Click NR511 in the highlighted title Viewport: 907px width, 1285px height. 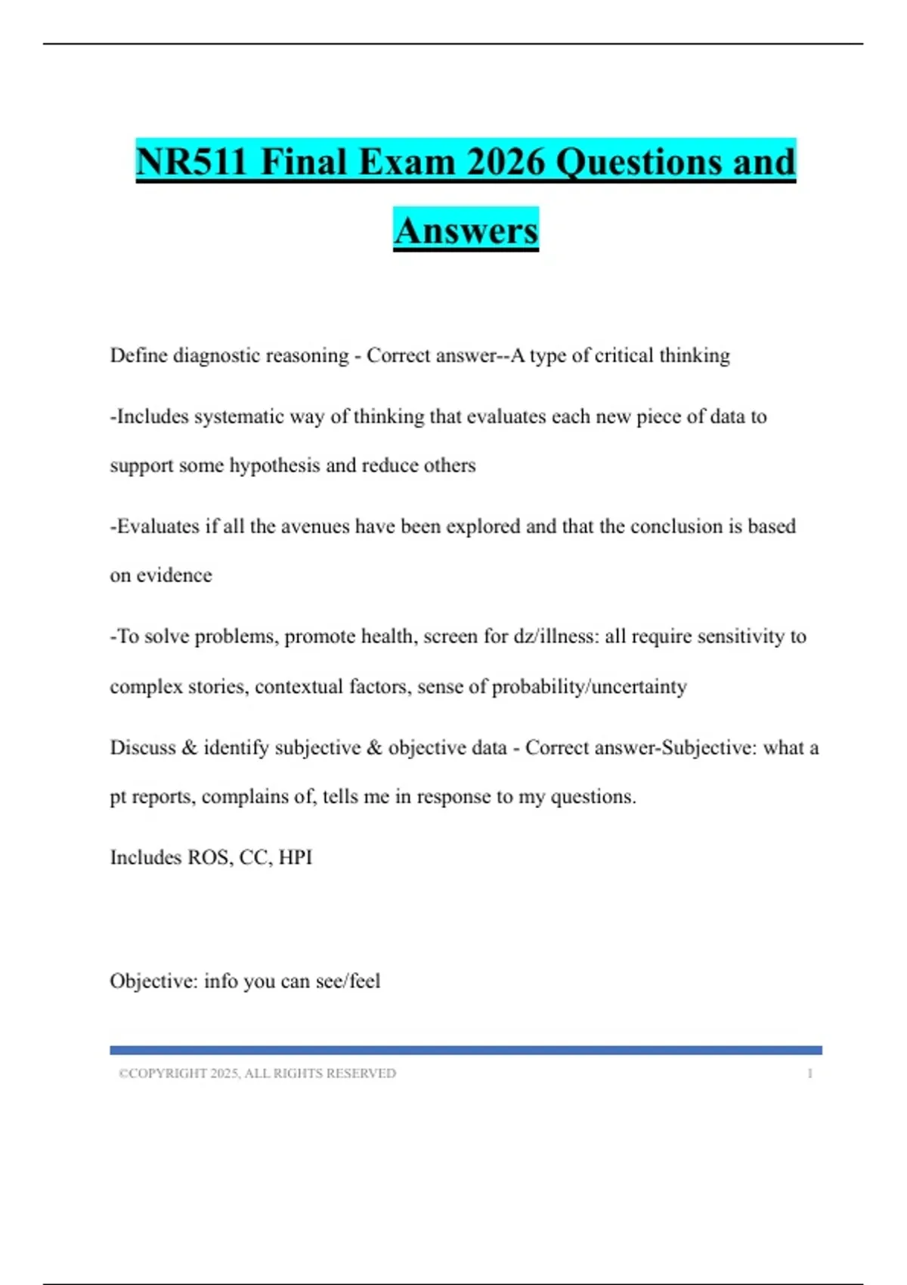[191, 162]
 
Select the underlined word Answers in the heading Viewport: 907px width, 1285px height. [466, 230]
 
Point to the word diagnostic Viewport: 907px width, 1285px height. [217, 355]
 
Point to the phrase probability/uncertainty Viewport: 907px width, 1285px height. [589, 686]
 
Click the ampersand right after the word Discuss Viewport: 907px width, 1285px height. [189, 748]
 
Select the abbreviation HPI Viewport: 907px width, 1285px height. [295, 857]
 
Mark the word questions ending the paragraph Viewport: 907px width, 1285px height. [593, 797]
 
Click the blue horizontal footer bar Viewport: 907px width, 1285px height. [466, 1050]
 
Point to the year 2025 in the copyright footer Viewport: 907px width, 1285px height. [224, 1073]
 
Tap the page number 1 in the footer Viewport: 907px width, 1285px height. [809, 1073]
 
